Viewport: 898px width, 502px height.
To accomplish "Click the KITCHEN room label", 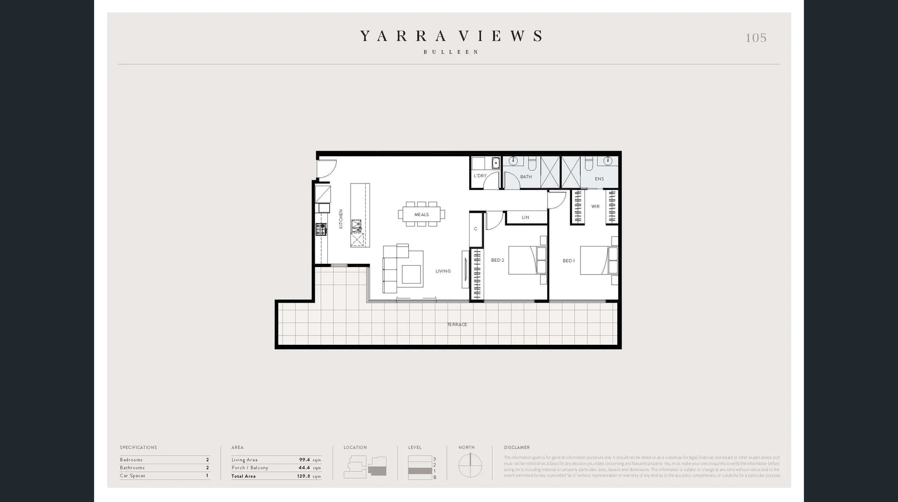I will (341, 219).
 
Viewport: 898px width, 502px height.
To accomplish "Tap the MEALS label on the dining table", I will (421, 215).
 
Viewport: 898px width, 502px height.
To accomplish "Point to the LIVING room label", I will (443, 271).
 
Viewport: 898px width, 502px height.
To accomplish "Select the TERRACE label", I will (457, 324).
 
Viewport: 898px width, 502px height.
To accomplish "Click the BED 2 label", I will (498, 260).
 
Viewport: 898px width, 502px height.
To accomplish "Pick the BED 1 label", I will (569, 261).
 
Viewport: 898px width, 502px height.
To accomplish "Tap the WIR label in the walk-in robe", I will (595, 206).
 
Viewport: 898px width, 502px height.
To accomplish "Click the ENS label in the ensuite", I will (599, 179).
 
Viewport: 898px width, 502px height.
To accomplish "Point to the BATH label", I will (526, 177).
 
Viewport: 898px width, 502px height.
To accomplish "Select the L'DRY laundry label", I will (480, 176).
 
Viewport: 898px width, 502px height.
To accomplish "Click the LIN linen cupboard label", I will (525, 217).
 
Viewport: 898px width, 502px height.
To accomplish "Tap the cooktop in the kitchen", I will (321, 229).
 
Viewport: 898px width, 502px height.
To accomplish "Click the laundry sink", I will (496, 163).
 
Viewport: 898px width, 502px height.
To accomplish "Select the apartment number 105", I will (756, 38).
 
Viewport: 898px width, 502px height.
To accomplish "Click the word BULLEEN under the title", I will (451, 52).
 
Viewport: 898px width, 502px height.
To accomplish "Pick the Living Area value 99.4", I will (304, 460).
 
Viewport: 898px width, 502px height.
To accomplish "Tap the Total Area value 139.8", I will (304, 476).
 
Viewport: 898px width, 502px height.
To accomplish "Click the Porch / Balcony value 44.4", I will (304, 468).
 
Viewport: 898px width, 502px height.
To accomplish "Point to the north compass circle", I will (470, 466).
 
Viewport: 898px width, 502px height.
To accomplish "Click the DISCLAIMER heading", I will (517, 447).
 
